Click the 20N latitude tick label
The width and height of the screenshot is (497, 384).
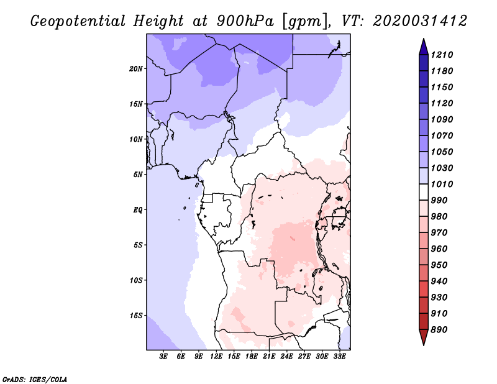click(136, 68)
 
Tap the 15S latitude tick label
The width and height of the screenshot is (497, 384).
click(136, 316)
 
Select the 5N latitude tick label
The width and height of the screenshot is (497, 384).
click(138, 175)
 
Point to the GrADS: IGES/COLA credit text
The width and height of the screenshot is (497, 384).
click(27, 378)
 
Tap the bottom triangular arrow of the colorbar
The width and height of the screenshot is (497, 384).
click(423, 337)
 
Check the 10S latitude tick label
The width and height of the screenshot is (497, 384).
click(136, 280)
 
